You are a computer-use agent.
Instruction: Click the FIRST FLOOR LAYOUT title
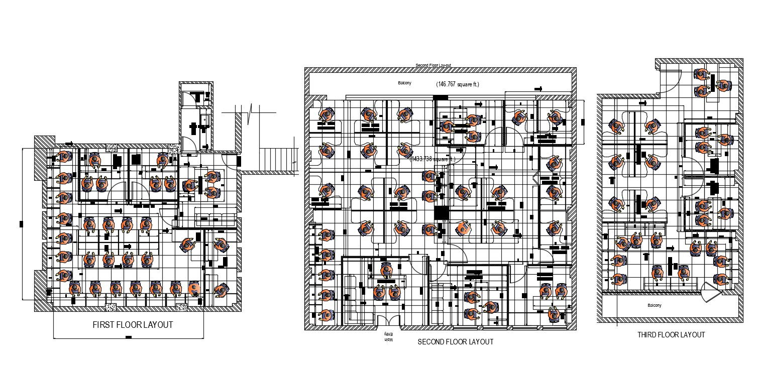[133, 325]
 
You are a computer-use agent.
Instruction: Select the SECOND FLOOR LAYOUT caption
[455, 342]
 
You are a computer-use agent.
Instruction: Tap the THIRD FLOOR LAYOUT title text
[671, 335]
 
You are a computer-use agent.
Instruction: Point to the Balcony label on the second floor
[404, 83]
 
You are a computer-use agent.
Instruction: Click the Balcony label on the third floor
[654, 305]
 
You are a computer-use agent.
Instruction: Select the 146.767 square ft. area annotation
[457, 84]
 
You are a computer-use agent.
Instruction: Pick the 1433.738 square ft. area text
[432, 159]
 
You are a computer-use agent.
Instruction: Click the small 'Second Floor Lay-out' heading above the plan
[433, 66]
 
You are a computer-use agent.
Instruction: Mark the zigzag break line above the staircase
[250, 111]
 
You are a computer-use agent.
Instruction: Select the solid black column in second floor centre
[441, 213]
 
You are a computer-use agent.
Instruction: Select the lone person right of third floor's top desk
[723, 85]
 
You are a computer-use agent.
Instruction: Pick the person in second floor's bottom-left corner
[327, 315]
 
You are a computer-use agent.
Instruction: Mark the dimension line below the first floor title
[129, 338]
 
